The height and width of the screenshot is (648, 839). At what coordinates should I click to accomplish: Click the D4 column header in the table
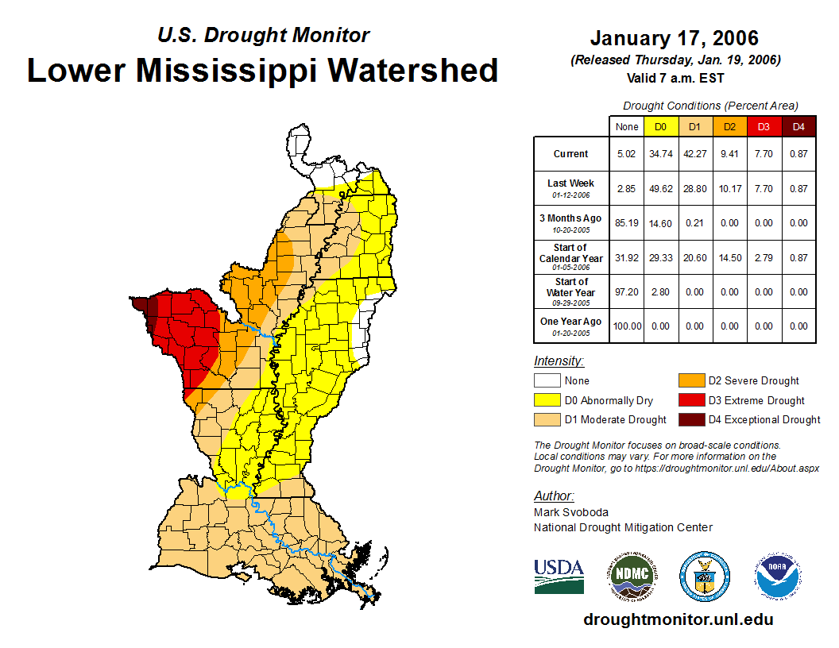click(x=798, y=126)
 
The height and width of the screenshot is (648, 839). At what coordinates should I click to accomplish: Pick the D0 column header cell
click(x=660, y=126)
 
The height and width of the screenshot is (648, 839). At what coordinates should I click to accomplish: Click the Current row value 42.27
click(x=695, y=154)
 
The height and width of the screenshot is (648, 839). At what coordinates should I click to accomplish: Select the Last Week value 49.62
click(x=660, y=188)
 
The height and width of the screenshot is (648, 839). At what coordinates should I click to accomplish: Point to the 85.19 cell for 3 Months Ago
click(x=626, y=223)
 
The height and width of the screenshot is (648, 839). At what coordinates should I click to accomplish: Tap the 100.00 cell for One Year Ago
click(x=626, y=326)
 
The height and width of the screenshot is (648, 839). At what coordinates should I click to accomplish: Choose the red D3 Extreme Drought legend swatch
click(x=690, y=400)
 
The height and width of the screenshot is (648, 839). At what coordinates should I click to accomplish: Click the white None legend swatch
click(x=547, y=381)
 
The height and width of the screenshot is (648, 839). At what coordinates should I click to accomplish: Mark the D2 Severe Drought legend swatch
click(x=690, y=381)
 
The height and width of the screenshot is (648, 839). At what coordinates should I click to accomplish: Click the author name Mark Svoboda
click(x=571, y=512)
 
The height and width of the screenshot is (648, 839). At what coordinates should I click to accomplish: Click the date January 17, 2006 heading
click(x=674, y=38)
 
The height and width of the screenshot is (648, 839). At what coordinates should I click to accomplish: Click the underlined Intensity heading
click(x=559, y=361)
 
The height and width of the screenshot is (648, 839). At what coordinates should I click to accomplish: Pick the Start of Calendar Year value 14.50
click(x=729, y=257)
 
